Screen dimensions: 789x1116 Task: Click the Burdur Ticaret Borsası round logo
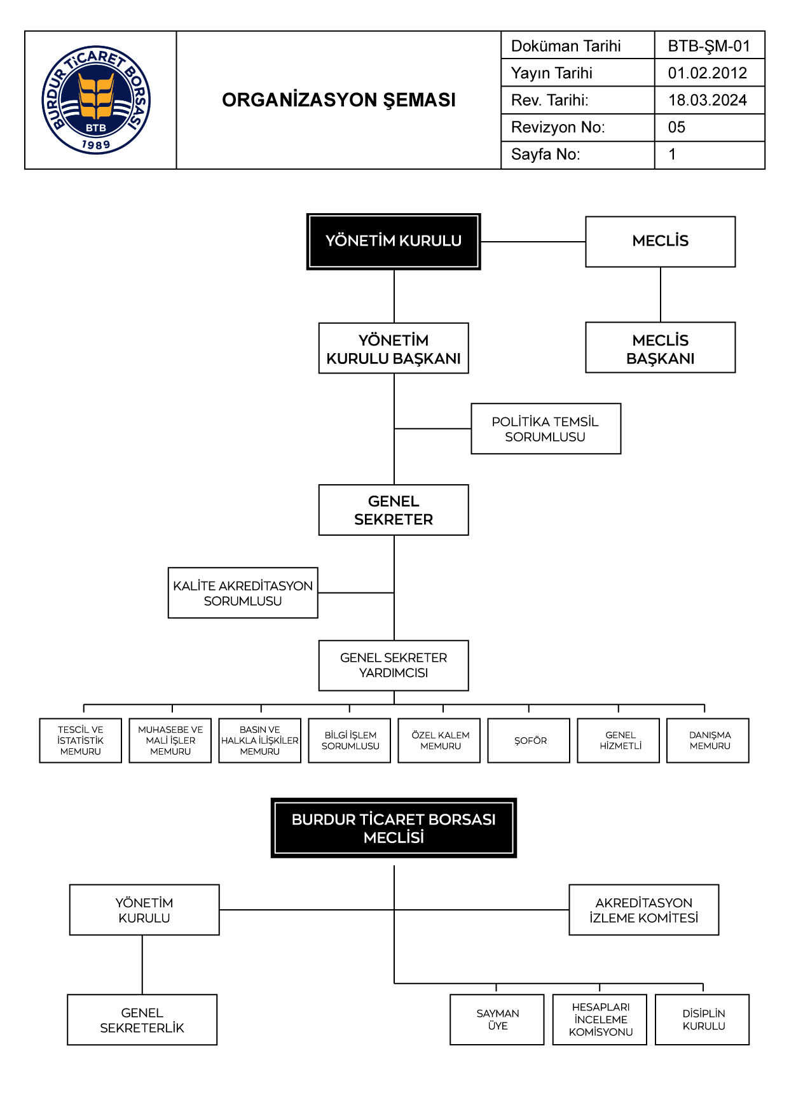coord(96,100)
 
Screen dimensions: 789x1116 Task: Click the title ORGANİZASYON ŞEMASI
coord(339,100)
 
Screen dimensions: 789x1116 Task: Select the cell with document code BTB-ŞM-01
coord(710,46)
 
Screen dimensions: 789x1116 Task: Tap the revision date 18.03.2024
coord(708,100)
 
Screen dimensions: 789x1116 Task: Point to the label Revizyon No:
coord(558,127)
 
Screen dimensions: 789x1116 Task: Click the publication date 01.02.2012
coord(708,73)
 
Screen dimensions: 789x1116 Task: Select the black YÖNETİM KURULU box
coord(394,242)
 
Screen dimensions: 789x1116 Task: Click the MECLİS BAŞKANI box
coord(661,347)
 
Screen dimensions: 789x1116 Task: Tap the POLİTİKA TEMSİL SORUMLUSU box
coord(546,429)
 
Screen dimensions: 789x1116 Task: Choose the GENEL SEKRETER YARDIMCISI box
coord(394,666)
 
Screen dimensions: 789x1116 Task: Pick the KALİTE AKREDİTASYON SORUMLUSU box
coord(243,593)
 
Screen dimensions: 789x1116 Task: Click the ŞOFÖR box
coord(529,741)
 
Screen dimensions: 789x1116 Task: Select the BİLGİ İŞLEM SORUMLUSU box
coord(350,741)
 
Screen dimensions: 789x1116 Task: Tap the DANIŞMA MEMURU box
coord(708,741)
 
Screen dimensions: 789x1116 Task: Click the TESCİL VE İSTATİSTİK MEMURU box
coord(81,741)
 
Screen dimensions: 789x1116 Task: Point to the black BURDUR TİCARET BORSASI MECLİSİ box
coord(394,828)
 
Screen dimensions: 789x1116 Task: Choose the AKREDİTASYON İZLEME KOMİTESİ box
coord(644,910)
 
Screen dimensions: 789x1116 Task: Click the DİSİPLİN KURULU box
coord(703,1020)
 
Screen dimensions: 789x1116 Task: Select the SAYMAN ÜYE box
coord(497,1020)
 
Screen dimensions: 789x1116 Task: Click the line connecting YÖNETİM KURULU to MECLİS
coord(533,242)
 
